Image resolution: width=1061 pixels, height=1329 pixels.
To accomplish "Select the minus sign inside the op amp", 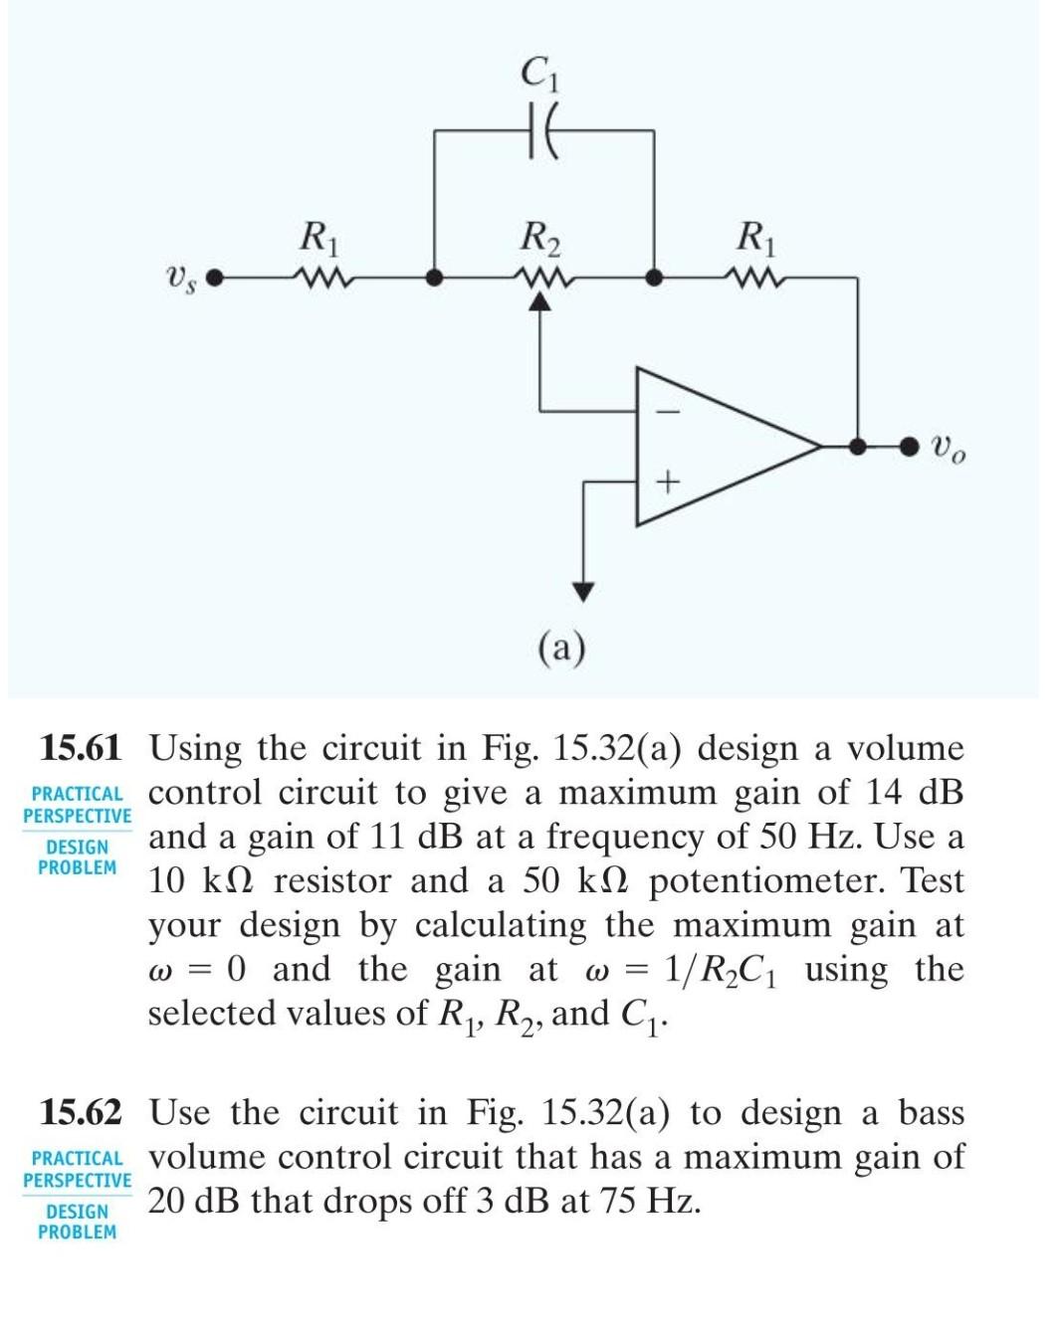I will coord(668,409).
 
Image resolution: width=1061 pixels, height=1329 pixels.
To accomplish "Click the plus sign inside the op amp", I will coord(668,483).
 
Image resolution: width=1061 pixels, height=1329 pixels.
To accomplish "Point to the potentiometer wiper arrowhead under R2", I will coord(539,305).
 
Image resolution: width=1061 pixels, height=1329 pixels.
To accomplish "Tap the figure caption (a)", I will coord(562,648).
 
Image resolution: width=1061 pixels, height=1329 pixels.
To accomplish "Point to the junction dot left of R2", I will coord(433,278).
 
